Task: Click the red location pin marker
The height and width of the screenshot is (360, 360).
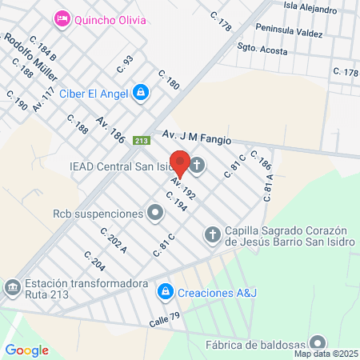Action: [180, 163]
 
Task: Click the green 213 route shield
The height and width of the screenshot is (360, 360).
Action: [142, 140]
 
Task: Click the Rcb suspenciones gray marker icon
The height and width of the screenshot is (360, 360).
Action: [155, 214]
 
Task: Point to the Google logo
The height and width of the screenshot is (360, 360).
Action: [27, 350]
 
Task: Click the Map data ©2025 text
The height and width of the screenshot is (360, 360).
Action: [326, 354]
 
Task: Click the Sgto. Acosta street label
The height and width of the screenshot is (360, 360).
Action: [262, 50]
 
